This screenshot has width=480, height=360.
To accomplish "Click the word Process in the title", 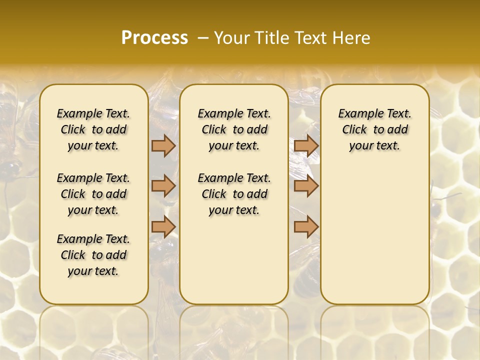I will (x=154, y=37).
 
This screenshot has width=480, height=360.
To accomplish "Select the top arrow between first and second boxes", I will (x=163, y=145).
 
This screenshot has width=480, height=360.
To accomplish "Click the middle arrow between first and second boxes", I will (x=163, y=186).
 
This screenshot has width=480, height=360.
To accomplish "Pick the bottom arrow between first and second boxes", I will (x=163, y=226).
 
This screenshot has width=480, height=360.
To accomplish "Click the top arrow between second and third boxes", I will (x=306, y=145).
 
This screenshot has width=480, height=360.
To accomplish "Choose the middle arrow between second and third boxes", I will (x=306, y=186).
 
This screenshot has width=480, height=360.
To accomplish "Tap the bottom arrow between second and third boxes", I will (x=306, y=226).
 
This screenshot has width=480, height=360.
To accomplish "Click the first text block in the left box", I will (x=93, y=129).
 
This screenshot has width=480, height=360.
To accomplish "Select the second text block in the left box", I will (x=93, y=194).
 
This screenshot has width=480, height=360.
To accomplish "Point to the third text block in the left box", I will (x=93, y=255).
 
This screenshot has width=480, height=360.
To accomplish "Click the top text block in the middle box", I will (x=234, y=129).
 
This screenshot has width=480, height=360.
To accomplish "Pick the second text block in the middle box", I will (x=234, y=194).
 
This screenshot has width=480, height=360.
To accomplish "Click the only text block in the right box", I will (x=374, y=129).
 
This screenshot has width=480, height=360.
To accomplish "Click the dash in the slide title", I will (x=203, y=37).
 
